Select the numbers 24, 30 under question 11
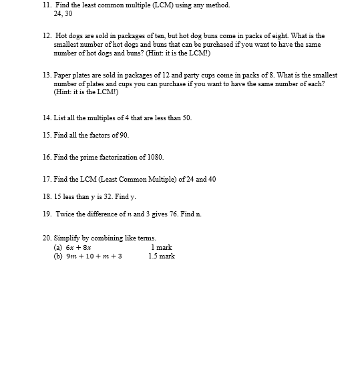63,13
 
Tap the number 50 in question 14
186,118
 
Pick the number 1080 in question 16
155,157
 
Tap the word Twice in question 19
65,214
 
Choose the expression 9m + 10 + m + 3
94,256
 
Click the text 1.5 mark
162,256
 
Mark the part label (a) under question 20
58,247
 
